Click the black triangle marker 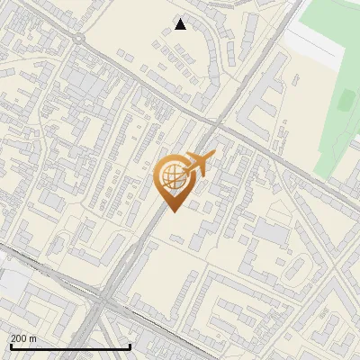coord(180,24)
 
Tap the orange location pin coord(173,180)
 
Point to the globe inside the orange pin coord(172,175)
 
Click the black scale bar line coord(70,346)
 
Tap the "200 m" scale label coord(23,338)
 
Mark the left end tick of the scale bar coord(10,345)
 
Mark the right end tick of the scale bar coord(130,345)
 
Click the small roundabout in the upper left coord(80,39)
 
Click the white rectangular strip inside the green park coord(315,40)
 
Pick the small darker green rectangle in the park coord(345,99)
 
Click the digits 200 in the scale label coord(19,338)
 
